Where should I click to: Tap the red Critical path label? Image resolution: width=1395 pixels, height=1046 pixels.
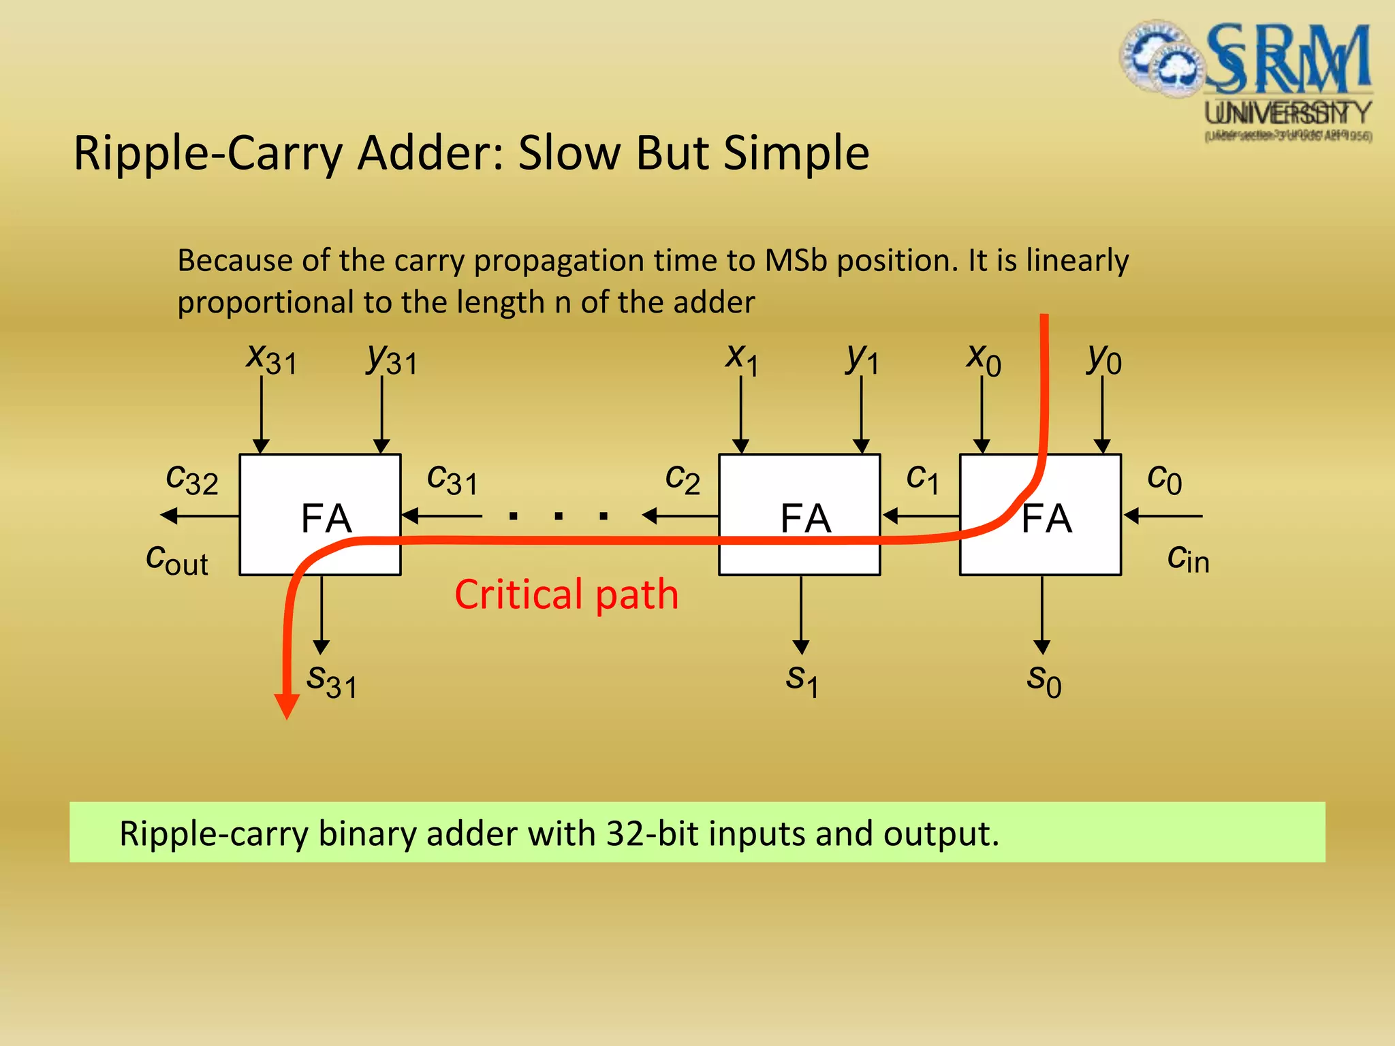coord(566,595)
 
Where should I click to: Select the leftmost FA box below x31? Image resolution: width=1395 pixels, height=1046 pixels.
coord(320,515)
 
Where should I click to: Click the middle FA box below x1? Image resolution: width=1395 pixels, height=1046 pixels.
coord(800,515)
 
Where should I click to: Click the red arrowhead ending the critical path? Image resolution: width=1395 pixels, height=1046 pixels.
coord(287,706)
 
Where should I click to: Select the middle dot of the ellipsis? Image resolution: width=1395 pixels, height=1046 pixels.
coord(559,516)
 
